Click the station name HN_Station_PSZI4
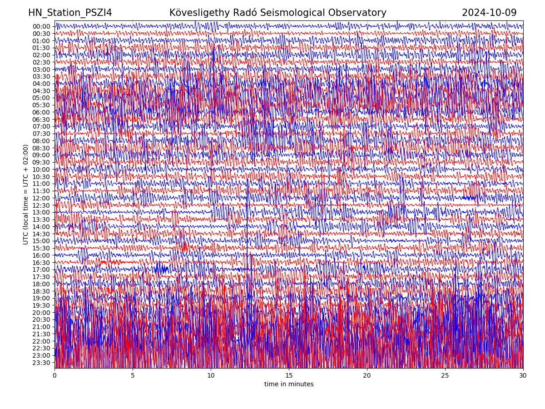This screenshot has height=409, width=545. [x=70, y=13]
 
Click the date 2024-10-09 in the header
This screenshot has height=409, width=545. [x=489, y=13]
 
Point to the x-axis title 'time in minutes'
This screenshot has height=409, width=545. [x=289, y=384]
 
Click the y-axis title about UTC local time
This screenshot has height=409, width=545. [x=26, y=195]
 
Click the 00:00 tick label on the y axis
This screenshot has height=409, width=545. [x=41, y=26]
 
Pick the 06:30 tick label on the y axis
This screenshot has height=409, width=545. [x=41, y=120]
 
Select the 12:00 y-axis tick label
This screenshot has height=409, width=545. [x=41, y=198]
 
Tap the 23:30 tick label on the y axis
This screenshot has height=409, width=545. [x=41, y=363]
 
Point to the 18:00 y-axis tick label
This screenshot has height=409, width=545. [x=41, y=284]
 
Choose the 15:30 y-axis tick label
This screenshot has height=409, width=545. [x=41, y=248]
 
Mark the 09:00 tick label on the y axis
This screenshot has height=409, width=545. [x=41, y=155]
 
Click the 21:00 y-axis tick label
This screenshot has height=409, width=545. [x=41, y=327]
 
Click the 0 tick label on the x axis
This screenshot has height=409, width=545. [x=54, y=376]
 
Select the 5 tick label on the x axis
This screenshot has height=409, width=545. [x=133, y=376]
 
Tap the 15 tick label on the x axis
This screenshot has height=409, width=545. [x=289, y=376]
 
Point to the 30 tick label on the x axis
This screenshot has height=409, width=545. [x=523, y=376]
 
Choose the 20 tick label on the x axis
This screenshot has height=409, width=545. [x=367, y=376]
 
